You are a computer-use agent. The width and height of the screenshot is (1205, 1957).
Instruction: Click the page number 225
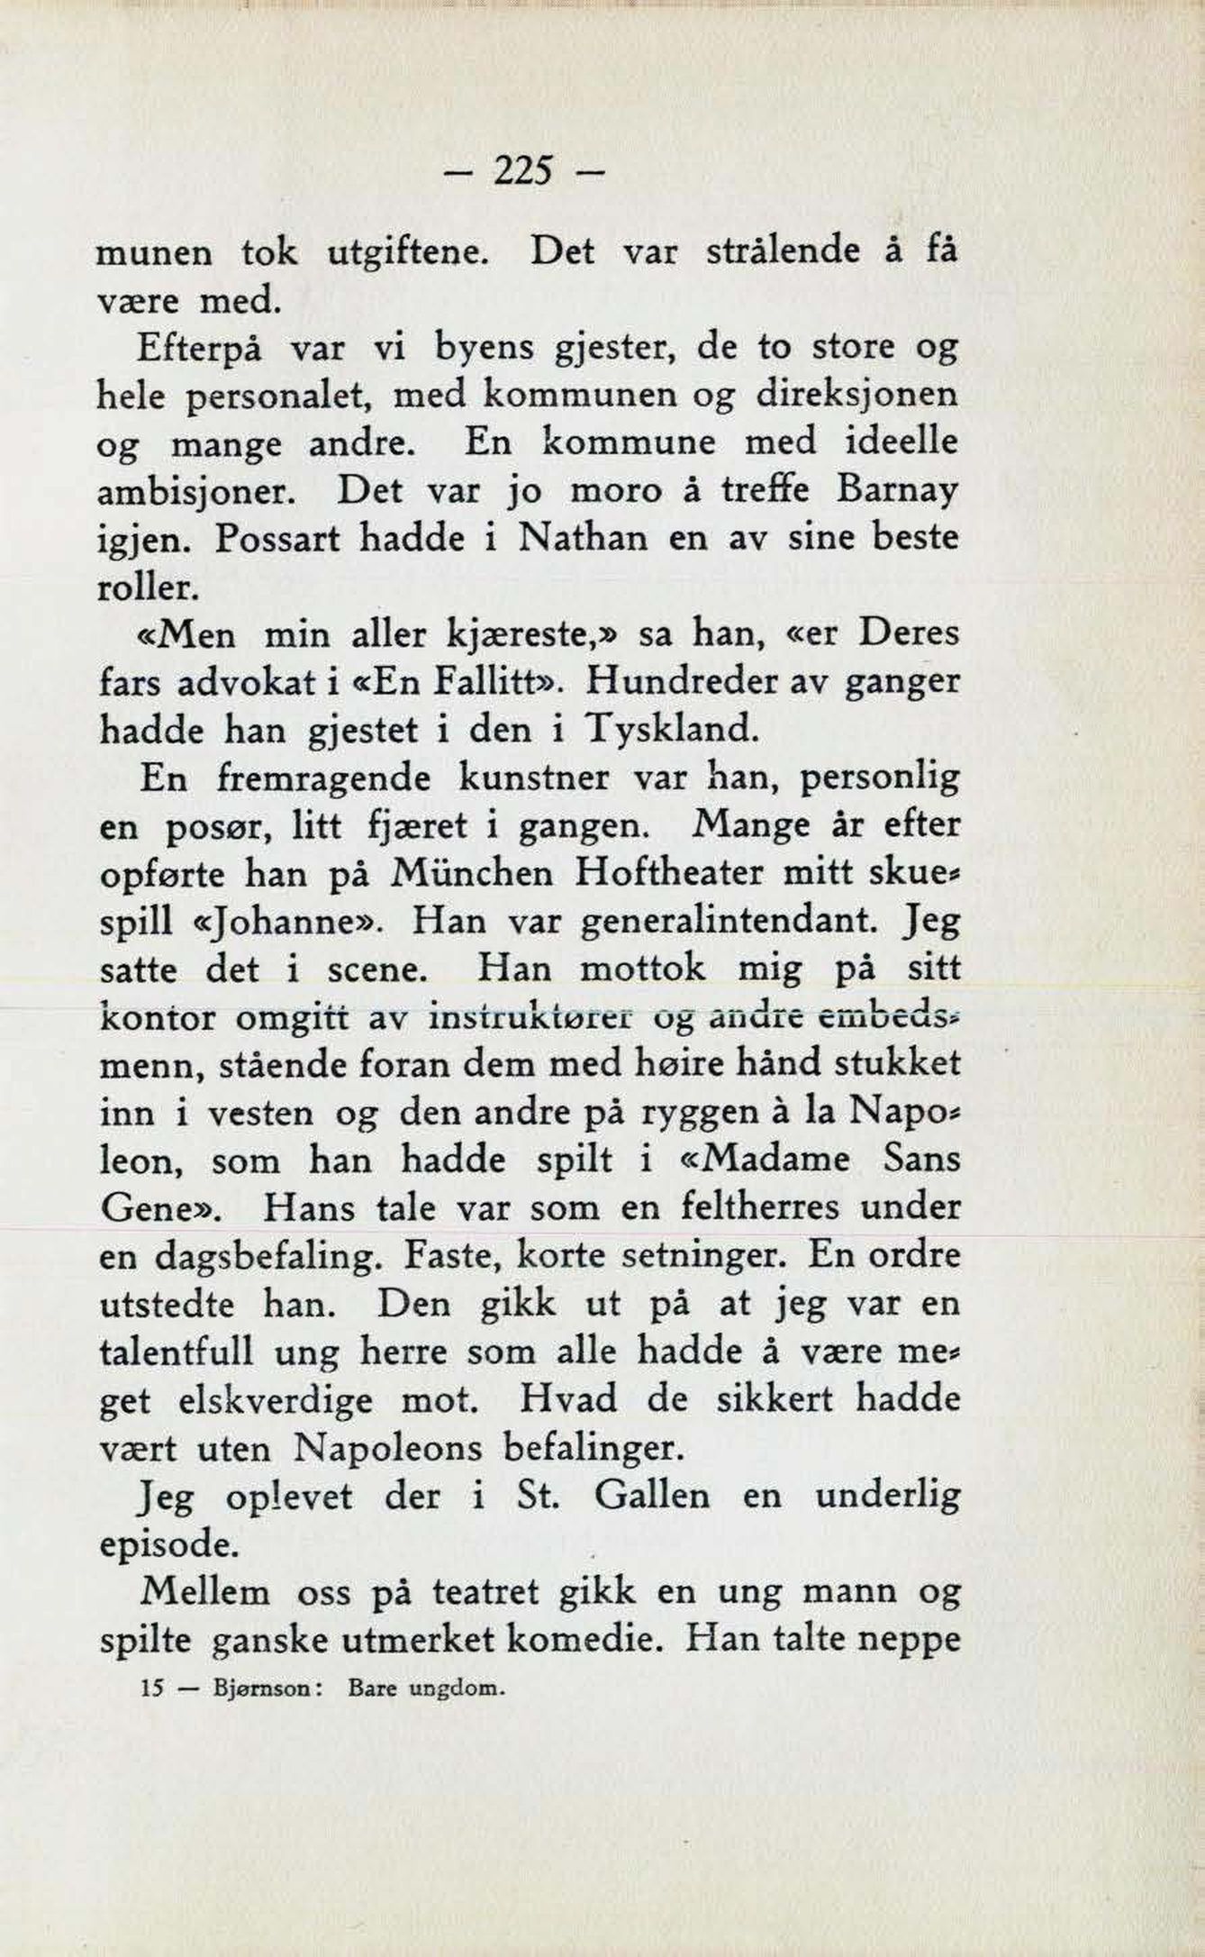pyautogui.click(x=523, y=170)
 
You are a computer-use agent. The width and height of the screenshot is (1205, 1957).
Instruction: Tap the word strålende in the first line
pyautogui.click(x=783, y=251)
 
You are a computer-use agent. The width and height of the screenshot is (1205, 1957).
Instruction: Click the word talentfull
pyautogui.click(x=177, y=1352)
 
